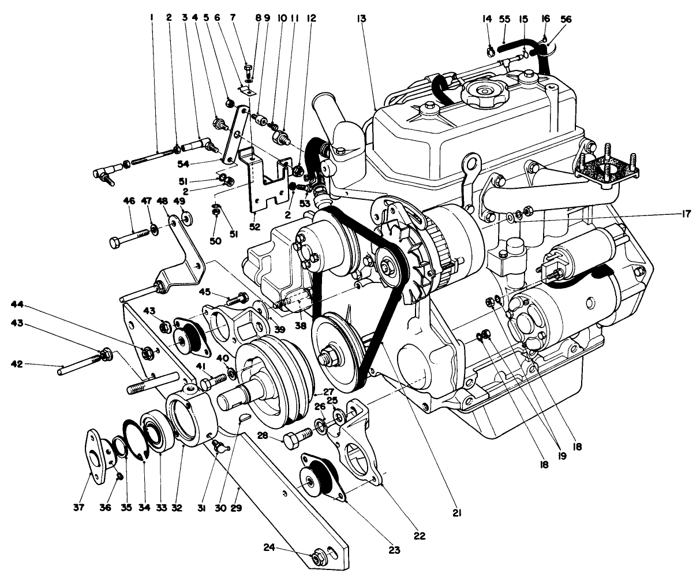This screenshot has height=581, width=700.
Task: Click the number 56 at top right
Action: [x=566, y=18]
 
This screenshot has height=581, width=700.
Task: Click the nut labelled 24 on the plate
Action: [x=318, y=558]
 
